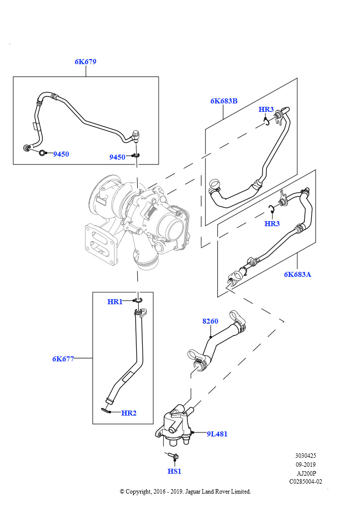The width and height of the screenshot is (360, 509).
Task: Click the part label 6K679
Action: click(86, 62)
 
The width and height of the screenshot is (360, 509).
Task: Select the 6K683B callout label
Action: click(224, 101)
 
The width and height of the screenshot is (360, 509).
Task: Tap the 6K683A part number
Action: click(297, 274)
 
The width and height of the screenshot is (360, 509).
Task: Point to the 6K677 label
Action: click(63, 359)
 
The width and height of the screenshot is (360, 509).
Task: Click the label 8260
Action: click(210, 321)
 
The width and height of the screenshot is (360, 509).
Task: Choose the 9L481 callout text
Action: click(217, 434)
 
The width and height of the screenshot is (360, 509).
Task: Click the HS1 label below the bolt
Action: click(175, 471)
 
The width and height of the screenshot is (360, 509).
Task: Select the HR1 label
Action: click(115, 302)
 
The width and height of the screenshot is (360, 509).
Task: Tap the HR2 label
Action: click(129, 413)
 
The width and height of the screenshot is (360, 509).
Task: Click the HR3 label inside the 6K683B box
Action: click(266, 109)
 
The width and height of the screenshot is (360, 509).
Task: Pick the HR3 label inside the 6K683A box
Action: click(272, 223)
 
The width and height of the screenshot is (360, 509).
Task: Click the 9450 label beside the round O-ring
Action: click(61, 154)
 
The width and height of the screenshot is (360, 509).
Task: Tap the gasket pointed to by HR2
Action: click(105, 411)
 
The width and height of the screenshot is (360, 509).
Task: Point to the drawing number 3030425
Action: click(305, 456)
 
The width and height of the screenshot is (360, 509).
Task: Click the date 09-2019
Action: click(305, 465)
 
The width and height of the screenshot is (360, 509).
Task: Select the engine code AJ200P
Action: click(306, 473)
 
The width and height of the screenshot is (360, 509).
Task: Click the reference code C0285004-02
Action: click(305, 482)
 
